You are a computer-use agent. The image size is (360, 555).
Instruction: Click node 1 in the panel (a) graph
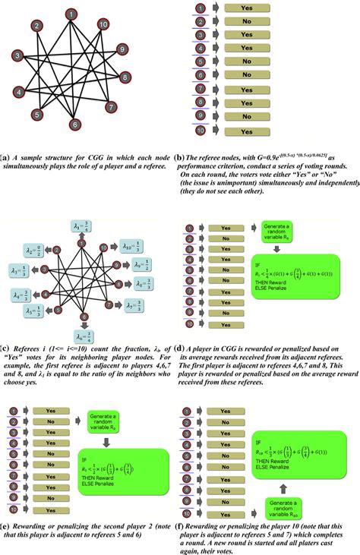pyautogui.click(x=71, y=14)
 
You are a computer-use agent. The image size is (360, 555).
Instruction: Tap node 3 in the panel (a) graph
pyautogui.click(x=15, y=55)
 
